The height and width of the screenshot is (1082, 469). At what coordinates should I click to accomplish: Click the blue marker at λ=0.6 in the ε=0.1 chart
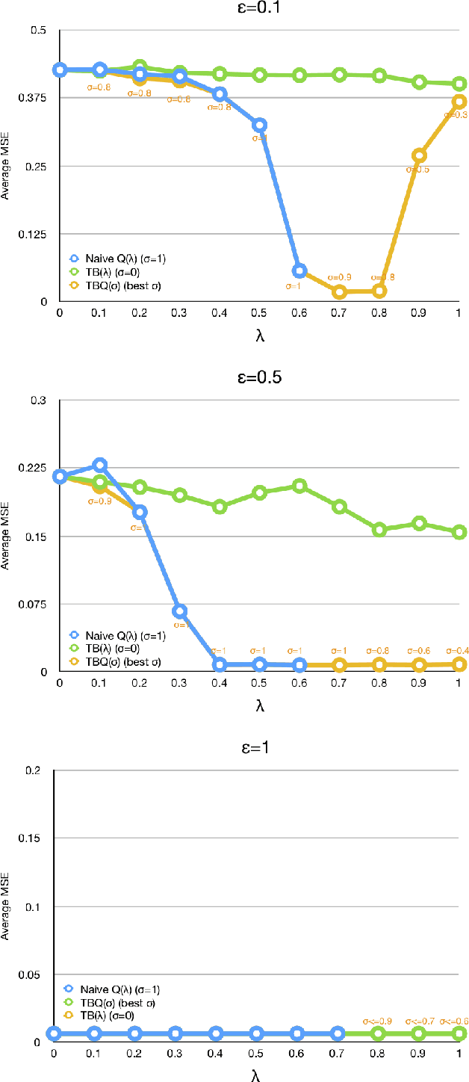pyautogui.click(x=299, y=270)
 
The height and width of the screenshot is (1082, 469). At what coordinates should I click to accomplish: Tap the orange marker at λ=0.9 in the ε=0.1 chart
pyautogui.click(x=420, y=155)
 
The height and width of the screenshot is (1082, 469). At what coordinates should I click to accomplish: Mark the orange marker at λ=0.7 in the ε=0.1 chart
pyautogui.click(x=340, y=292)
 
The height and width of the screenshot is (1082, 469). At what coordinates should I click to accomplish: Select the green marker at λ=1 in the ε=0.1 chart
pyautogui.click(x=460, y=84)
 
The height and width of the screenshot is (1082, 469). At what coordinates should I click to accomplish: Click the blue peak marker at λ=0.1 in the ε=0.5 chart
pyautogui.click(x=99, y=465)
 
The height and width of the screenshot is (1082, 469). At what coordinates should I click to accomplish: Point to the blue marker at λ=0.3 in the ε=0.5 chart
pyautogui.click(x=179, y=611)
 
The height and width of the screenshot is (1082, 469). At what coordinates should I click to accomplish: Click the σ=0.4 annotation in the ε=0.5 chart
pyautogui.click(x=453, y=650)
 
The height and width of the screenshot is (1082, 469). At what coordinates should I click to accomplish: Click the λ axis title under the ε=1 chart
pyautogui.click(x=257, y=1073)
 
